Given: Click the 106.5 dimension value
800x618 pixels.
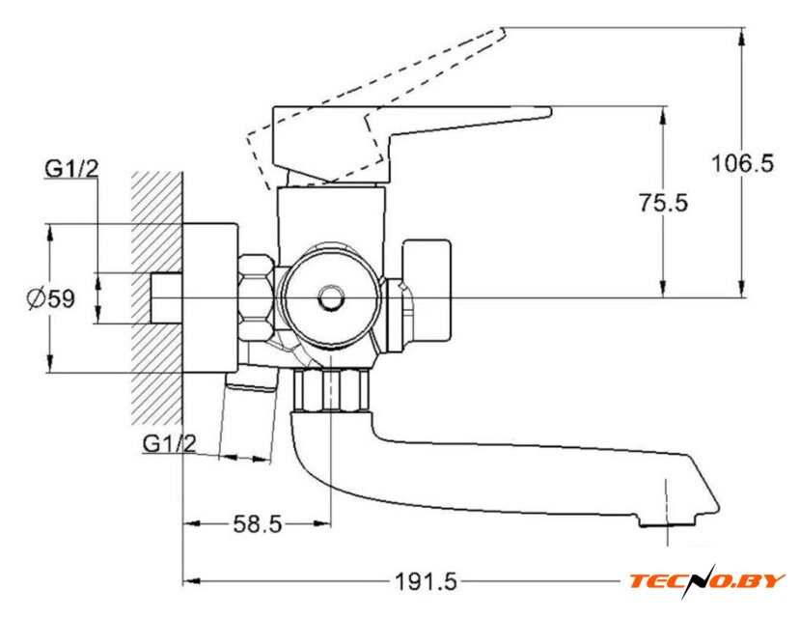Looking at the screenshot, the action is click(742, 163).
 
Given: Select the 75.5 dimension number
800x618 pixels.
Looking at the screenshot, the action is click(663, 203).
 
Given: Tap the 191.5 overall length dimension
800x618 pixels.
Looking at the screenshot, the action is click(427, 581).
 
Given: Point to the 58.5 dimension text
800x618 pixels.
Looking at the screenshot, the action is click(257, 523).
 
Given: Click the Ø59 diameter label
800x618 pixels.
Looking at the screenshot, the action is click(51, 298).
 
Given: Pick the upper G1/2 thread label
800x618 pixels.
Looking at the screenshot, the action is click(70, 169).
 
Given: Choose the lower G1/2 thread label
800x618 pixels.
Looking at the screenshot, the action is click(169, 443).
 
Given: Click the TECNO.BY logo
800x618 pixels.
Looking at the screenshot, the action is click(707, 581).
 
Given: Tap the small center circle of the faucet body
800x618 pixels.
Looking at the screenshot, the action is click(331, 297).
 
